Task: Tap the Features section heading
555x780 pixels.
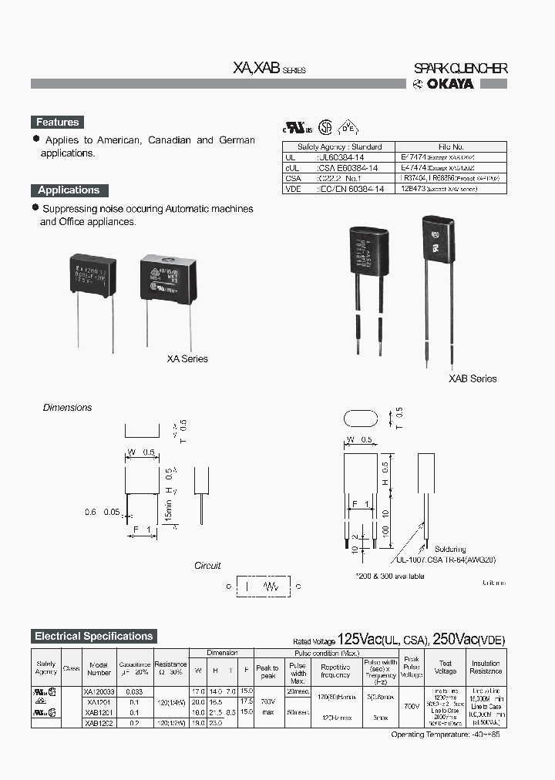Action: [57, 122]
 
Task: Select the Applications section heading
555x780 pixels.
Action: [69, 190]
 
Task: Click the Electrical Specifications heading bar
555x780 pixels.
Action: [94, 636]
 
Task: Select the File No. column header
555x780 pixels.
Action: [451, 146]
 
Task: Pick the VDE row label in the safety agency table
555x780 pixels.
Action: [293, 187]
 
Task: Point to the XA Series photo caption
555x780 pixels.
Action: [187, 358]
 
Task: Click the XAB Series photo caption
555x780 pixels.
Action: [473, 378]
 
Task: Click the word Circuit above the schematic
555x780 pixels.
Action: [207, 565]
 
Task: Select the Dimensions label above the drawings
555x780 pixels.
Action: [67, 408]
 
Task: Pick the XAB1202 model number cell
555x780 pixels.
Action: [99, 723]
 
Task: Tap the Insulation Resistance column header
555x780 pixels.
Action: [486, 667]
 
